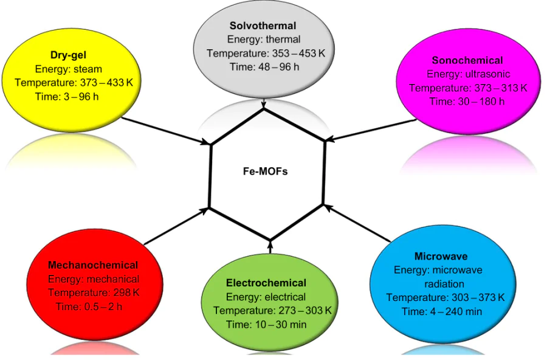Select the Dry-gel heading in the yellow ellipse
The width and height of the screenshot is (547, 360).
pyautogui.click(x=69, y=55)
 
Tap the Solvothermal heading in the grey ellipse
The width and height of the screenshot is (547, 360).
pyautogui.click(x=263, y=26)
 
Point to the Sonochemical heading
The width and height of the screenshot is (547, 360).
pyautogui.click(x=467, y=60)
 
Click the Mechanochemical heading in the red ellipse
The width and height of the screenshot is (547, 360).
pyautogui.click(x=93, y=265)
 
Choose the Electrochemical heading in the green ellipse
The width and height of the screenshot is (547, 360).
pyautogui.click(x=266, y=283)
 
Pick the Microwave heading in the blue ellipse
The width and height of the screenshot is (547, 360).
pyautogui.click(x=441, y=256)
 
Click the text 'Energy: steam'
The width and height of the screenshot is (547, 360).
pyautogui.click(x=69, y=69)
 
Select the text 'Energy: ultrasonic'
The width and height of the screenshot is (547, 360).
pyautogui.click(x=467, y=74)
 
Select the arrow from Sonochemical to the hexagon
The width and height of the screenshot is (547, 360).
pyautogui.click(x=371, y=130)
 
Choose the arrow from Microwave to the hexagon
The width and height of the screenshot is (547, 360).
pyautogui.click(x=359, y=226)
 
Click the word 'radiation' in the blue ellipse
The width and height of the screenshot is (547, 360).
pyautogui.click(x=443, y=284)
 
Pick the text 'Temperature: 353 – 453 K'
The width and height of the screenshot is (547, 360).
pyautogui.click(x=266, y=53)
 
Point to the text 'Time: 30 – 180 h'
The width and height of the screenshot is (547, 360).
pyautogui.click(x=467, y=102)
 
